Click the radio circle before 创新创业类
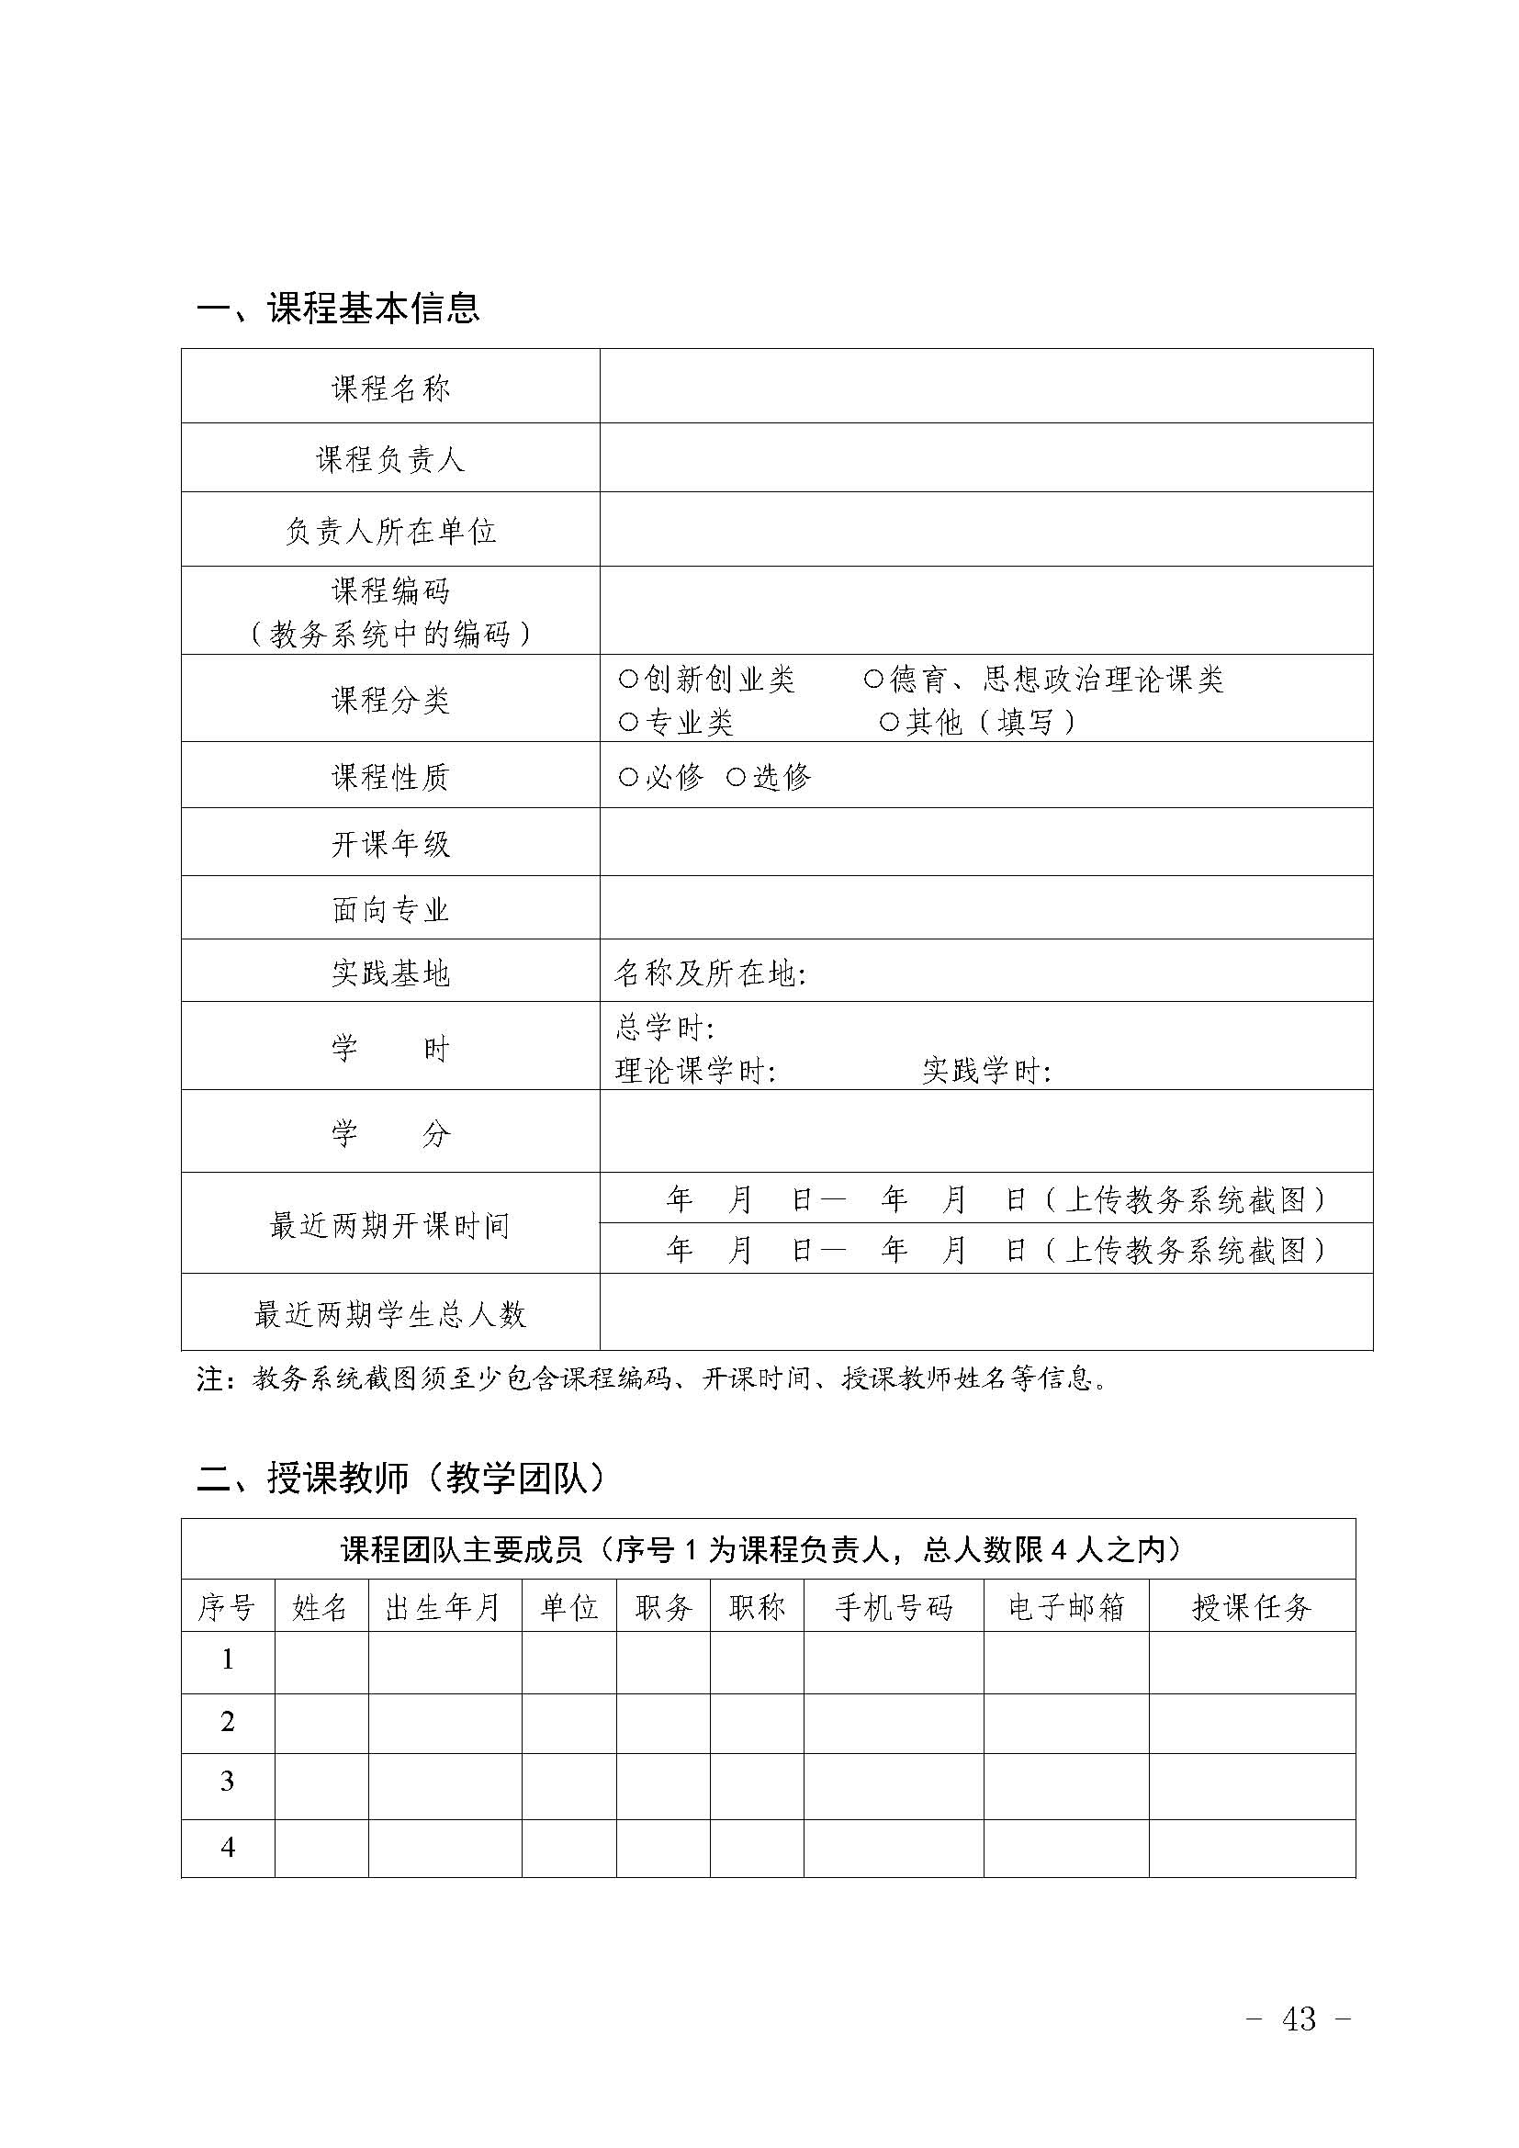[628, 680]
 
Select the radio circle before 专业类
[628, 722]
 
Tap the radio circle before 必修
[628, 777]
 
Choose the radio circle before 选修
[737, 777]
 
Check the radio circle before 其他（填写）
[890, 722]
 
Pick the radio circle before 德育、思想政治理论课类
[873, 680]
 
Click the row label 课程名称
[390, 388]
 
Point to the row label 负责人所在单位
[390, 532]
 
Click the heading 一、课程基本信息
[338, 308]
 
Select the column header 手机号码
[894, 1607]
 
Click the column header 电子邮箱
[1065, 1607]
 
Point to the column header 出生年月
[444, 1607]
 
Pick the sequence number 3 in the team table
[227, 1782]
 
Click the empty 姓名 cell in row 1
[321, 1661]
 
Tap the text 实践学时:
[986, 1071]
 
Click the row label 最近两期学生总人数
[390, 1315]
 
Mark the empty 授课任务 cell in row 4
[1252, 1848]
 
